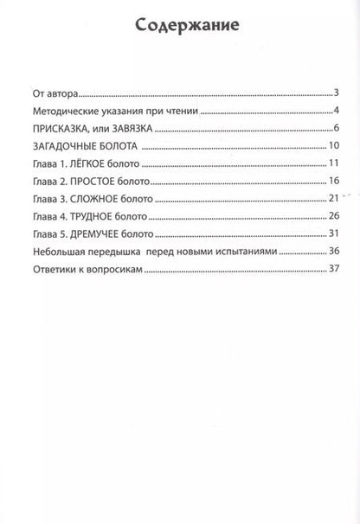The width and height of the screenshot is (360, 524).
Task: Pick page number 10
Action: [x=331, y=145]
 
